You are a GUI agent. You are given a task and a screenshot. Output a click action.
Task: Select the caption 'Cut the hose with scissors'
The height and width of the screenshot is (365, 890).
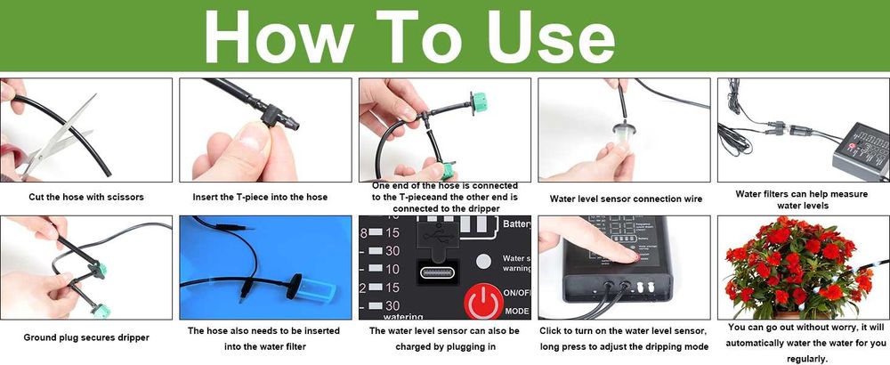pos(86,198)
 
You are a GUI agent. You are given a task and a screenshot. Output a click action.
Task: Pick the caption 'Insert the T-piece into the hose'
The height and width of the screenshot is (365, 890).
pos(260,198)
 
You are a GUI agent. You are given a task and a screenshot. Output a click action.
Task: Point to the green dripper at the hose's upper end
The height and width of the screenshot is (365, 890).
pos(480,102)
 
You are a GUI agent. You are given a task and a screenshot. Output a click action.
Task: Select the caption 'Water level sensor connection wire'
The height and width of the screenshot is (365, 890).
pos(626,199)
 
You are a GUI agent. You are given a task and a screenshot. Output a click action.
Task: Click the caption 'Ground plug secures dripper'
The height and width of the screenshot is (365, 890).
pos(86,337)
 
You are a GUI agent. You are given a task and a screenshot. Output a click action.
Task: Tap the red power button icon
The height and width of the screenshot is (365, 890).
pos(483,301)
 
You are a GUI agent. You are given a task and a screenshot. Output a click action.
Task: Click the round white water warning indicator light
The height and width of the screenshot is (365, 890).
pos(483,261)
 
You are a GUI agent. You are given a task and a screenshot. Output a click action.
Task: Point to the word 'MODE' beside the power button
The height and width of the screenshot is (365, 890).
pos(516,311)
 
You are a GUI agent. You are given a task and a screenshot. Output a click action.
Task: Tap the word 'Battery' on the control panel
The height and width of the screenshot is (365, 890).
pos(516,224)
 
